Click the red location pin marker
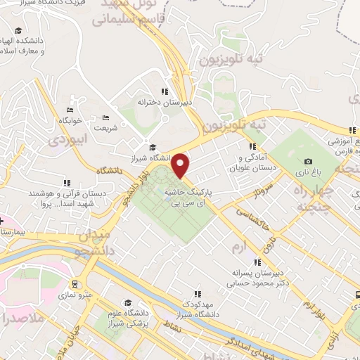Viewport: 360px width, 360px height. [181, 166]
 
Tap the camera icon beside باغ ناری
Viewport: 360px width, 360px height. [309, 162]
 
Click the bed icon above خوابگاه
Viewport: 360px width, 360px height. [70, 110]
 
